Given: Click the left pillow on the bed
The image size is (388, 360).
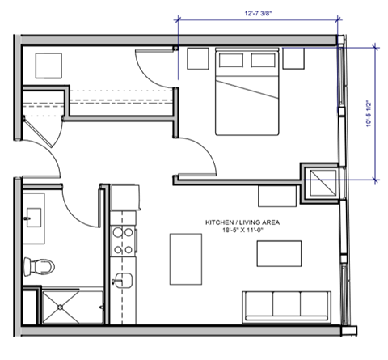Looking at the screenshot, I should click(229, 60).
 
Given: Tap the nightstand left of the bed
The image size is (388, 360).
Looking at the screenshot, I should click(198, 60).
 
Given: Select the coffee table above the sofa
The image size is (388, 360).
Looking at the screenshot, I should click(279, 253).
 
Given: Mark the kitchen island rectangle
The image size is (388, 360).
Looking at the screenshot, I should click(185, 258).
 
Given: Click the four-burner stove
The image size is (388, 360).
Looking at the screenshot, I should click(123, 240).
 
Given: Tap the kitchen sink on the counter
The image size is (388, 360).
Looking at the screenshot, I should click(123, 281).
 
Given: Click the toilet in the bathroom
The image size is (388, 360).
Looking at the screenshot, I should click(38, 265).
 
